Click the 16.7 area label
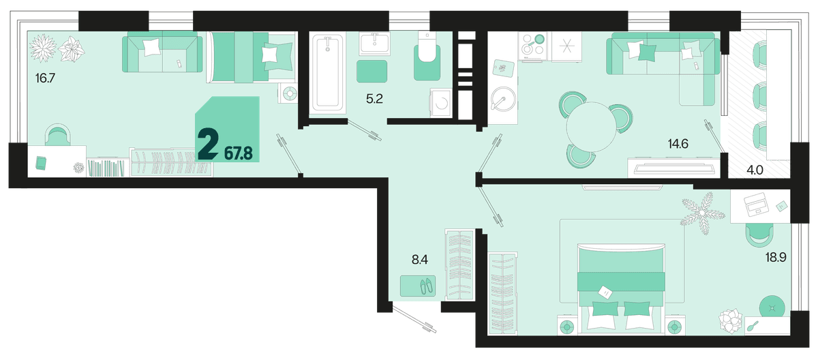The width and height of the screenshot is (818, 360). [45, 78]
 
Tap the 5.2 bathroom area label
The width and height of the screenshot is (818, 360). [374, 99]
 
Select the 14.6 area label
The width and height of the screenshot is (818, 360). [678, 144]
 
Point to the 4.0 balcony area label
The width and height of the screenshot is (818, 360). [755, 170]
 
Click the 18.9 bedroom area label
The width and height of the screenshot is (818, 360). [776, 258]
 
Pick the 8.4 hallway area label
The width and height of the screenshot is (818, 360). [420, 260]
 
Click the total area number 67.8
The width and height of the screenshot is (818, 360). [239, 153]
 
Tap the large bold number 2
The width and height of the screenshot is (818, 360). [208, 144]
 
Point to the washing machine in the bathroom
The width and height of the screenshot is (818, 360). [441, 103]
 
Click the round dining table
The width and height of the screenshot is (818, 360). [591, 126]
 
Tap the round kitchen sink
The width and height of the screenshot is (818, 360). [503, 99]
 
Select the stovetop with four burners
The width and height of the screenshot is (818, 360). [533, 45]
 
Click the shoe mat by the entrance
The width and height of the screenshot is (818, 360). [418, 286]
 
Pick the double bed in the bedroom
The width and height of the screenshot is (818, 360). [621, 288]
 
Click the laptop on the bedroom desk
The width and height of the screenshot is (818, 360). [756, 205]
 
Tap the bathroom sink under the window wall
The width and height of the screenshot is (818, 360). [374, 44]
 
